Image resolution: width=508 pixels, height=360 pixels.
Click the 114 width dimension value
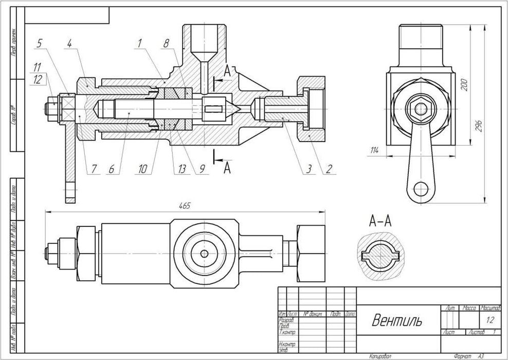[x=374, y=150]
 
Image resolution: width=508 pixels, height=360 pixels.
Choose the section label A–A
[x=380, y=222]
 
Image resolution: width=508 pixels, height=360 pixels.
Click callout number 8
[x=166, y=44]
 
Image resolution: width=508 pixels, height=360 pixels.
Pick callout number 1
[x=139, y=44]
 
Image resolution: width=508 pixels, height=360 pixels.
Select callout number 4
[x=68, y=44]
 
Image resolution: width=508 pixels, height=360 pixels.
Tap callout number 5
[x=39, y=44]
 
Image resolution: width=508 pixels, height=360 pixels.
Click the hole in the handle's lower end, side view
[x=422, y=188]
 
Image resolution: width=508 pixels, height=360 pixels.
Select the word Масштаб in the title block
[x=490, y=308]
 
